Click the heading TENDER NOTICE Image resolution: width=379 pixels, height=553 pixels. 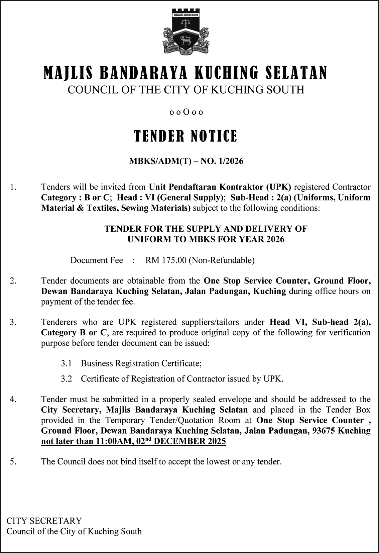point(186,136)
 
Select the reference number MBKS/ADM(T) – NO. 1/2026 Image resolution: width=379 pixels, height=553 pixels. point(186,161)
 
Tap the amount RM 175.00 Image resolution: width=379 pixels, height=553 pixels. point(166,260)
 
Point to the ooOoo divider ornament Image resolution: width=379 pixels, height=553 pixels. point(186,112)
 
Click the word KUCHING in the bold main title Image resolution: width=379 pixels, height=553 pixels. point(226,73)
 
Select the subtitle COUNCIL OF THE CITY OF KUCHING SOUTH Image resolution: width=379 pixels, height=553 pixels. point(186,90)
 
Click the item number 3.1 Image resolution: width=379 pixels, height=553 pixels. point(66,363)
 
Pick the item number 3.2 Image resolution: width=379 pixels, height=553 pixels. point(66,379)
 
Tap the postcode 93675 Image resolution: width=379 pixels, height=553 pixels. point(323,431)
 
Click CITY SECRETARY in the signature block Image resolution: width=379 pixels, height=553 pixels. point(44,521)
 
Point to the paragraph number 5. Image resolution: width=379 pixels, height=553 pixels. point(13,462)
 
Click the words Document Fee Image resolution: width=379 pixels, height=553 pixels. point(97,260)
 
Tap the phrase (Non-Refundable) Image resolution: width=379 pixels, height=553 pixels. point(222,260)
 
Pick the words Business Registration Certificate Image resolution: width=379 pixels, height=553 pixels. point(141,363)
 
